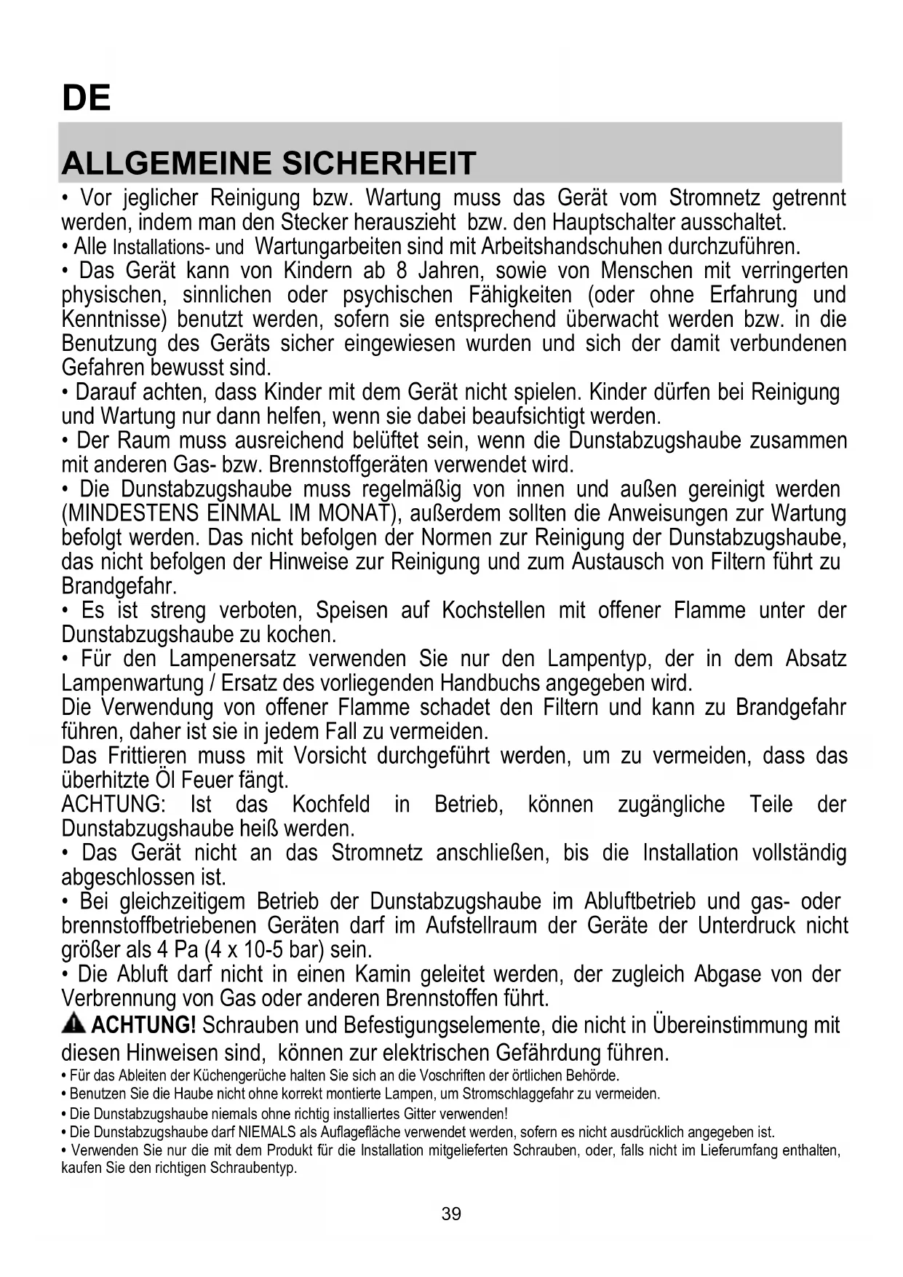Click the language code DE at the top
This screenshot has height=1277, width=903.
pos(86,98)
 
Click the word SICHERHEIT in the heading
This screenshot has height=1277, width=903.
pos(378,163)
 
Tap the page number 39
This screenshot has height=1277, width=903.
pos(451,1214)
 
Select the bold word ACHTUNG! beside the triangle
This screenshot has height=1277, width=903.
pos(143,1025)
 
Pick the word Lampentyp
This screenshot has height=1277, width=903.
pos(599,659)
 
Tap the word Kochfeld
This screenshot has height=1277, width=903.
pos(331,804)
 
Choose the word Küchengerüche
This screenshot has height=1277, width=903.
pos(236,1075)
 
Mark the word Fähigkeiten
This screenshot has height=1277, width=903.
pos(520,295)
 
